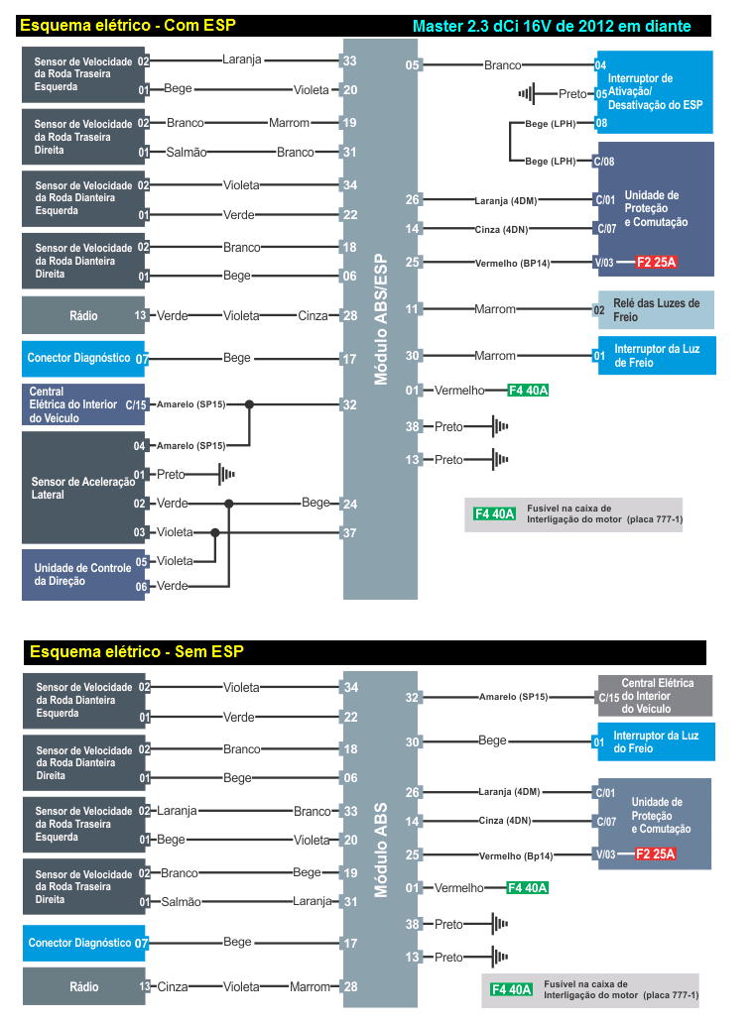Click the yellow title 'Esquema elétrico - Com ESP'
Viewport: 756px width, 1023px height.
pos(127,25)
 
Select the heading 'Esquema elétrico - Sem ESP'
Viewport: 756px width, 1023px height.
pos(137,651)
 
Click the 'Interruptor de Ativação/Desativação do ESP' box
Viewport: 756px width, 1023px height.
pos(654,91)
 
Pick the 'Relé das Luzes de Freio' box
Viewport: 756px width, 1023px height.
pos(656,310)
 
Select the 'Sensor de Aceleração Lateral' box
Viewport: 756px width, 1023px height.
pos(84,488)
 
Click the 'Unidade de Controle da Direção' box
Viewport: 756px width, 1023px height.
pos(83,575)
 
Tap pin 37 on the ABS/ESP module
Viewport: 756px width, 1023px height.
pos(349,532)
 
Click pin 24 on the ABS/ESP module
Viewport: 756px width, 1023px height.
pos(349,504)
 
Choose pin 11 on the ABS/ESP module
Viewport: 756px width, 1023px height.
pos(413,309)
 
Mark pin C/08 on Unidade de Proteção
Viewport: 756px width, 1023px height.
pos(604,162)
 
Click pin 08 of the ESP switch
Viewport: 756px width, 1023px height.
pos(601,123)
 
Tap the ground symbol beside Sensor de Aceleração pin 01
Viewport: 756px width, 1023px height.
pos(228,475)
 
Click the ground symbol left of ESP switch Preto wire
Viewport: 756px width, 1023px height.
pos(526,94)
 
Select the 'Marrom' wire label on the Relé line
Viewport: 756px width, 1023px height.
pos(495,309)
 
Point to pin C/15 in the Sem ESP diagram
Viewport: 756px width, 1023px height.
pos(608,697)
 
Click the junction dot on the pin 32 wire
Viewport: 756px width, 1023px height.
pos(250,404)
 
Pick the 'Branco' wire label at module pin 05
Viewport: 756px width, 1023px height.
pos(503,65)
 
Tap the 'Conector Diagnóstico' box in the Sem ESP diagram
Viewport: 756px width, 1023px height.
pos(78,943)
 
